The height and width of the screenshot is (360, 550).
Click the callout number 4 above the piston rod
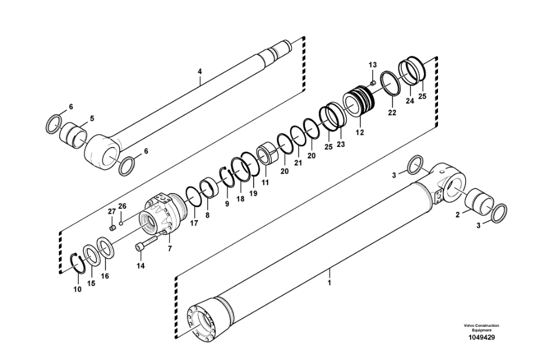coord(199,72)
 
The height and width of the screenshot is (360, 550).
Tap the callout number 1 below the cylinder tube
coord(329,282)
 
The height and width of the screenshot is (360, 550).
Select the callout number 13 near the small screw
coord(373,65)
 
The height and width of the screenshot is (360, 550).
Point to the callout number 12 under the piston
coord(360,132)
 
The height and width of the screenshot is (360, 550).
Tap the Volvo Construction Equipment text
coord(481,328)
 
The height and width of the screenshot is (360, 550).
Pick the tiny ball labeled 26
coord(121,222)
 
